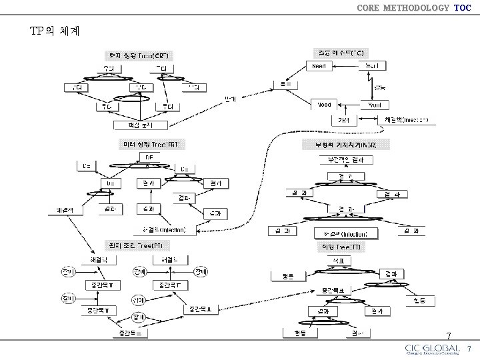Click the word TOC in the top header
click(462, 8)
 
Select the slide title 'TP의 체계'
click(55, 31)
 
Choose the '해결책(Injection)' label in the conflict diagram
click(406, 120)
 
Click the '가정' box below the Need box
click(343, 120)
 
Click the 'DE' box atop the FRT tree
click(149, 157)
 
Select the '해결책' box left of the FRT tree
click(69, 211)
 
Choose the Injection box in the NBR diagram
click(345, 233)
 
